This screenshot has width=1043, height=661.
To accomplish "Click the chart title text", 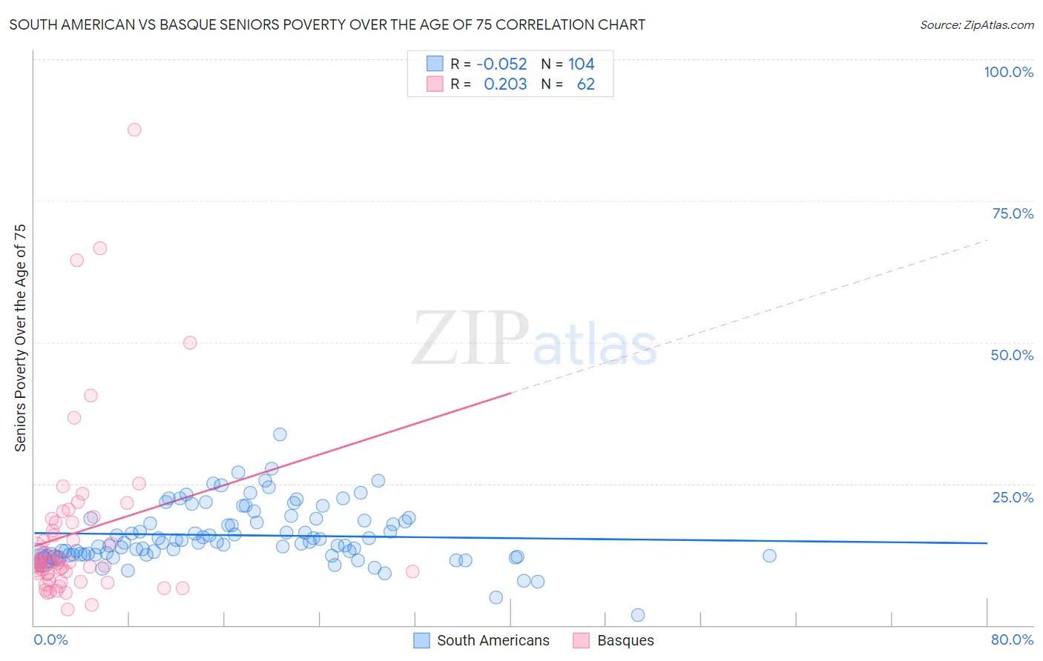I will (x=327, y=24).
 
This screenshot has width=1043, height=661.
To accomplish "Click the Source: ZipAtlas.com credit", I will (x=976, y=24).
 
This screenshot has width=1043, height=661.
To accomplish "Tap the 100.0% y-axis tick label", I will (x=1008, y=72).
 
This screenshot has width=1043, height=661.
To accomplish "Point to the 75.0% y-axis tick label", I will (x=1013, y=213).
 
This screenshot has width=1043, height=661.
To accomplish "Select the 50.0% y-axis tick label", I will (x=1012, y=355).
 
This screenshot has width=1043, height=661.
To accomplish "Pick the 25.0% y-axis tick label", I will (x=1013, y=496).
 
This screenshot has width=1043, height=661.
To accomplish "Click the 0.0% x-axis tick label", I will (x=50, y=640).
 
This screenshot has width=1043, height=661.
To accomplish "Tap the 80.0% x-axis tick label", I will (x=1012, y=640).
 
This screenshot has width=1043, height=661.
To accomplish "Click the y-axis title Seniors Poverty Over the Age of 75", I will (x=20, y=338).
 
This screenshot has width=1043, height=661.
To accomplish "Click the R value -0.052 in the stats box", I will (x=501, y=64).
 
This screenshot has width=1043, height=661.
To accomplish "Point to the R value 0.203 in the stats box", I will (x=505, y=84).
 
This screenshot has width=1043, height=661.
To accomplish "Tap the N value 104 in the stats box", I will (x=582, y=64).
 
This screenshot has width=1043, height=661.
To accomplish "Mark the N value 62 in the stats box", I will (x=585, y=84).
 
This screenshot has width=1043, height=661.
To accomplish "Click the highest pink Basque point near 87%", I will (x=134, y=130).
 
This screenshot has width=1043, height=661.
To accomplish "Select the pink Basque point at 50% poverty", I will (x=190, y=342).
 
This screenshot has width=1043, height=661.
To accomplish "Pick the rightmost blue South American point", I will (x=769, y=556).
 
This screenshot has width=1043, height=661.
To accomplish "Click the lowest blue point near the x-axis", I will (x=638, y=615).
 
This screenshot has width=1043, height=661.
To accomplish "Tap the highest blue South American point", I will (x=280, y=434).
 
